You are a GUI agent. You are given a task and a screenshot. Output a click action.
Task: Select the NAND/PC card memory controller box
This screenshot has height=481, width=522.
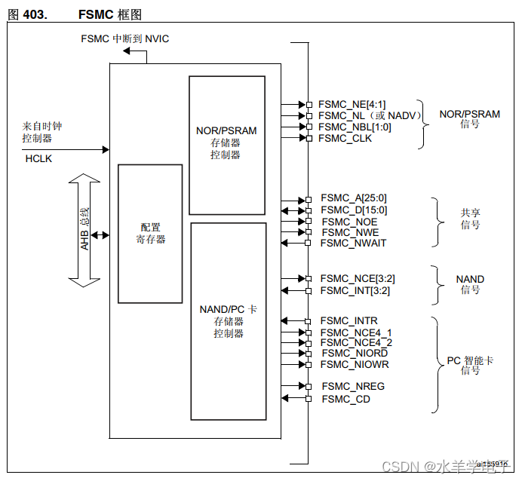(x=228, y=320)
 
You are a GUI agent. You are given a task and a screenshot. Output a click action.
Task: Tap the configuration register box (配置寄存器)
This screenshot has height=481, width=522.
(x=150, y=233)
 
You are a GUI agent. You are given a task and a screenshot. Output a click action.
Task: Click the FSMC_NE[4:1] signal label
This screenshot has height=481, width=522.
(x=352, y=105)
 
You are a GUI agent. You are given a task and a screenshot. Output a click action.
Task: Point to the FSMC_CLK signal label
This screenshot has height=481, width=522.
(x=345, y=138)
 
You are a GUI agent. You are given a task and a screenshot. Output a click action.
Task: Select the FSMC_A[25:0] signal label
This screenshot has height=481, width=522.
(x=354, y=198)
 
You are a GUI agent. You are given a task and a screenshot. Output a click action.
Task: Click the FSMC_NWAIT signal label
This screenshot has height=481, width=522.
(x=353, y=243)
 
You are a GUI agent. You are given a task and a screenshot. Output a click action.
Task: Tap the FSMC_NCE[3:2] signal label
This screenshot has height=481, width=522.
(x=355, y=279)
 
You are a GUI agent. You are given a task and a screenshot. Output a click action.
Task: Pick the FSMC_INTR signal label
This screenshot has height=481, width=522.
(x=349, y=321)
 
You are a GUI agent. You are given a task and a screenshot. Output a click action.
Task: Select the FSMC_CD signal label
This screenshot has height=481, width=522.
(x=345, y=399)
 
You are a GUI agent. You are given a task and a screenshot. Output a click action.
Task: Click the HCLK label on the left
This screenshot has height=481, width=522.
(x=38, y=159)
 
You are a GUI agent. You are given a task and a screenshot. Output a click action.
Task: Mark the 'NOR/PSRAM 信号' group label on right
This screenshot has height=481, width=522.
(x=469, y=119)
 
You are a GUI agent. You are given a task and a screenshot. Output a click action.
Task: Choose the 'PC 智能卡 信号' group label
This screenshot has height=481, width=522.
(x=469, y=366)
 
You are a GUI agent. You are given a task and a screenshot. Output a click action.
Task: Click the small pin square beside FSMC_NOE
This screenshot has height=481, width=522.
(x=309, y=222)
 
